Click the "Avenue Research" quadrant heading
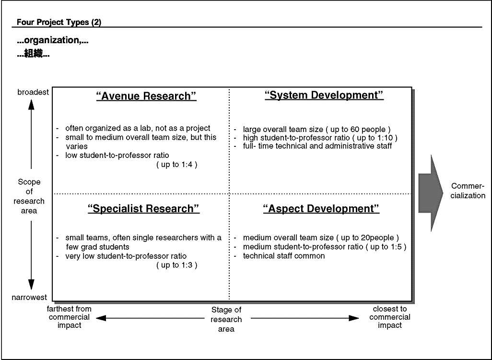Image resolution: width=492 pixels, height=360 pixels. click(146, 96)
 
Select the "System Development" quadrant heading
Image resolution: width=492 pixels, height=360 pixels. click(324, 95)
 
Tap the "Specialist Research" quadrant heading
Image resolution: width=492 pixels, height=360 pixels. click(144, 209)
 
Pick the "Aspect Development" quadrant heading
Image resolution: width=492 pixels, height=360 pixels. click(321, 209)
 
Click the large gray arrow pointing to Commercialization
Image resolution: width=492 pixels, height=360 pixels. click(430, 193)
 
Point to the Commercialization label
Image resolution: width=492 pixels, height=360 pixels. click(468, 191)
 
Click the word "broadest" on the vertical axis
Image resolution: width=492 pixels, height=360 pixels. click(33, 92)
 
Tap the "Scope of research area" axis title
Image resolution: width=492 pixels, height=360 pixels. click(29, 196)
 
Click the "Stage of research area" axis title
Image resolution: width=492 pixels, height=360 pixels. click(226, 319)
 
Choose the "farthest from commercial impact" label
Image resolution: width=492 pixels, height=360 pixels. click(70, 317)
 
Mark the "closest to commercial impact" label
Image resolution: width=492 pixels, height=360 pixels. click(390, 317)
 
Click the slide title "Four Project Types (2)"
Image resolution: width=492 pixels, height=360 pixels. click(59, 22)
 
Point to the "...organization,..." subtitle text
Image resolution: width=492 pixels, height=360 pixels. click(53, 40)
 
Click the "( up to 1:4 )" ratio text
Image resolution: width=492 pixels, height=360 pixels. click(176, 164)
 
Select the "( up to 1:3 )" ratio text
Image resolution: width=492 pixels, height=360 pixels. click(176, 265)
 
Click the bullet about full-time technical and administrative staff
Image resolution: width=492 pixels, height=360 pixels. click(317, 146)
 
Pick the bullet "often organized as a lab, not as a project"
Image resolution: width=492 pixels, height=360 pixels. click(138, 128)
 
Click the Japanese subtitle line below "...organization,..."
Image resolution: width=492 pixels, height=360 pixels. click(33, 54)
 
